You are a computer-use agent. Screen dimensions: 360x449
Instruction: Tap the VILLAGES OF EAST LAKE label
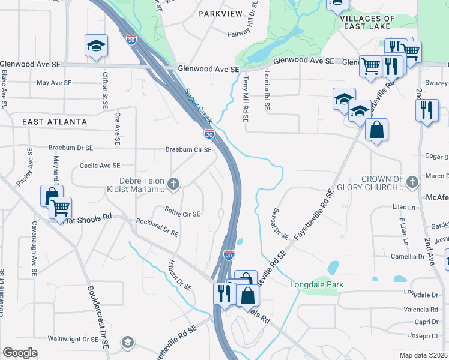tap(367, 23)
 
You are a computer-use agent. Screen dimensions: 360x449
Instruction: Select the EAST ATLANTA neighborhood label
tap(55, 122)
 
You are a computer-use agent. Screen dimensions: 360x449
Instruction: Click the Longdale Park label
tap(316, 284)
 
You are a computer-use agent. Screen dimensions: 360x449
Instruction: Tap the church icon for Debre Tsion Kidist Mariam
tap(173, 184)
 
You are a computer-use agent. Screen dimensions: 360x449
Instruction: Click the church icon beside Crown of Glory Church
tap(412, 181)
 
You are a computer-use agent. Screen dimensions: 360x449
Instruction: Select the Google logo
tap(20, 353)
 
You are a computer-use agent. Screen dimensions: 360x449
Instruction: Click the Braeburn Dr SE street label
tap(71, 148)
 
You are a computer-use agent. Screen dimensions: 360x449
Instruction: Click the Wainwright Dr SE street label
tap(73, 339)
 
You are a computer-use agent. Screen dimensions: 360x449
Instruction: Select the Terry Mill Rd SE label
tap(245, 98)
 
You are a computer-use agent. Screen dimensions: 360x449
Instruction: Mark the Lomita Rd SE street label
tap(265, 90)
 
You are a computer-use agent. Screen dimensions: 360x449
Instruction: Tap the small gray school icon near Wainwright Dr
tap(127, 342)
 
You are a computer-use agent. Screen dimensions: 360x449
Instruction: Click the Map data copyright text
tap(423, 355)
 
